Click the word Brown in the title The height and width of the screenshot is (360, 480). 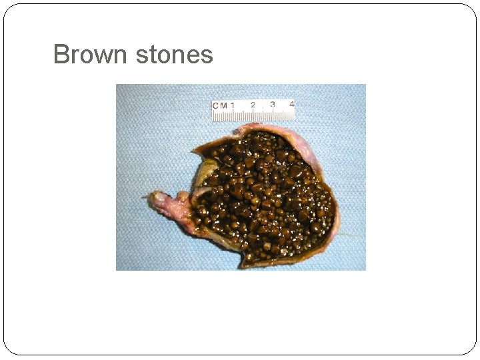point(91,54)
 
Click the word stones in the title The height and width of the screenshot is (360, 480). point(174,54)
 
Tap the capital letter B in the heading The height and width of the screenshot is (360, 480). point(61,54)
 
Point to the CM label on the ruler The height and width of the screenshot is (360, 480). point(220,105)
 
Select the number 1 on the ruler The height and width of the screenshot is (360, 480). point(233,105)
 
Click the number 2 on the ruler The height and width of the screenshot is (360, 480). point(253,105)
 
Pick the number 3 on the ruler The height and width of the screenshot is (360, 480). point(273,105)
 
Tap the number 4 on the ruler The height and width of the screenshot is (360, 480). point(291,105)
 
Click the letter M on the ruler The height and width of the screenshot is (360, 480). point(224,105)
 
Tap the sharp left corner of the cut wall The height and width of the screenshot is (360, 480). point(194,148)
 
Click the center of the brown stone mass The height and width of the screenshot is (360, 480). point(263,197)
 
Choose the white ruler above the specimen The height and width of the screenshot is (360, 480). point(253,110)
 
